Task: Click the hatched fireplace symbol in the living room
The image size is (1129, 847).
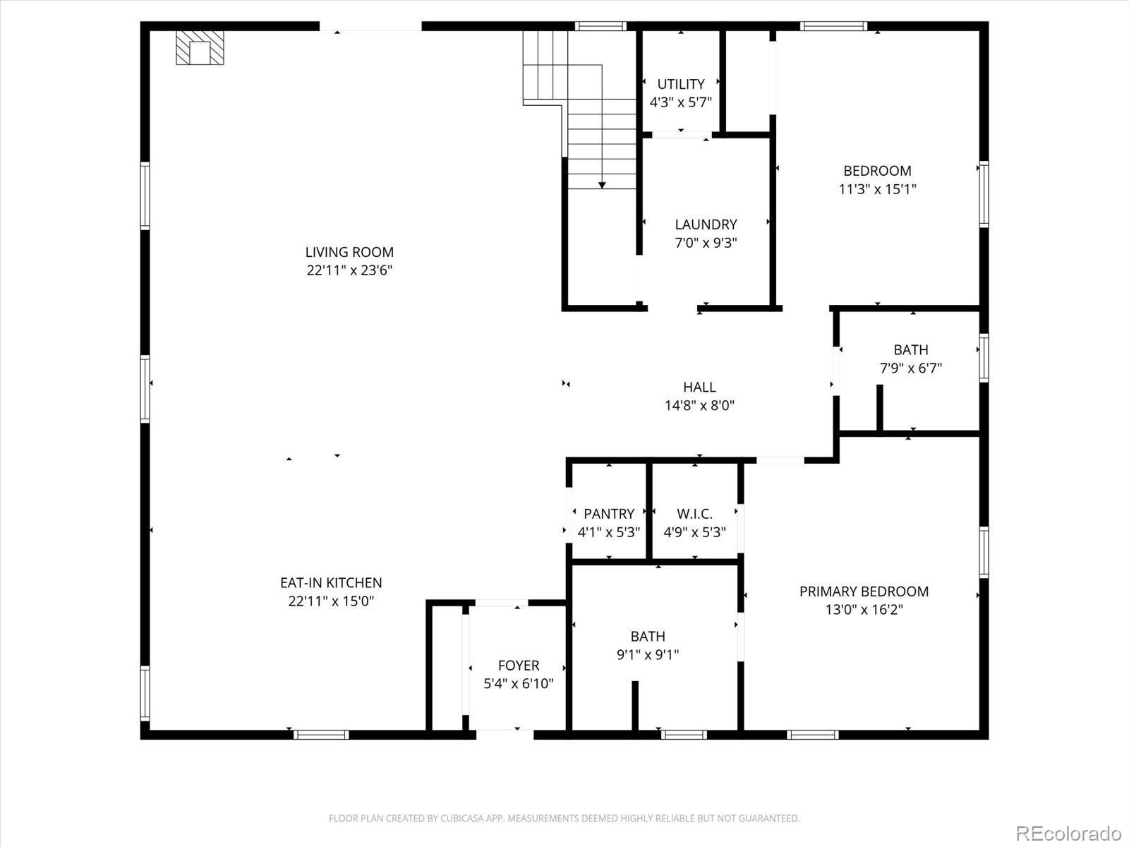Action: click(200, 48)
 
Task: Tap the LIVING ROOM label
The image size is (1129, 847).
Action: click(349, 252)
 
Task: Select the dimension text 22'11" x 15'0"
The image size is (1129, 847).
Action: click(331, 601)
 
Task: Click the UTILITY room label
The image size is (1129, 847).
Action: click(681, 84)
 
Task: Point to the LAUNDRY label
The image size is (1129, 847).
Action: click(706, 224)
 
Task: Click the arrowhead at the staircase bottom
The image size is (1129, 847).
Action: click(602, 185)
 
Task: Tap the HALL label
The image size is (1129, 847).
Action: click(699, 387)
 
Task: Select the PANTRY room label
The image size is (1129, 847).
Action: click(608, 514)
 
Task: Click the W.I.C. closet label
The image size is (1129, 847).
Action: click(694, 514)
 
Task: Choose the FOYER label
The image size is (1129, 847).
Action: click(519, 666)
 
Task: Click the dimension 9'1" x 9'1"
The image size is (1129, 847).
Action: click(648, 654)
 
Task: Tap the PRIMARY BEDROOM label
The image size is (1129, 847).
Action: click(864, 591)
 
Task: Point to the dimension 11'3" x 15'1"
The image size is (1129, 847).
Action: click(877, 189)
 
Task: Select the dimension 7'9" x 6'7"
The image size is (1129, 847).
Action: click(910, 368)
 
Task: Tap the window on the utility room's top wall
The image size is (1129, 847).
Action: click(600, 27)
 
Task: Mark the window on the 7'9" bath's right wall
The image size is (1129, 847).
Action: click(983, 358)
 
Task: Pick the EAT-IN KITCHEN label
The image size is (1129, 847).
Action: click(331, 583)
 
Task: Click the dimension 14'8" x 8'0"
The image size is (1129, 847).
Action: click(699, 406)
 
